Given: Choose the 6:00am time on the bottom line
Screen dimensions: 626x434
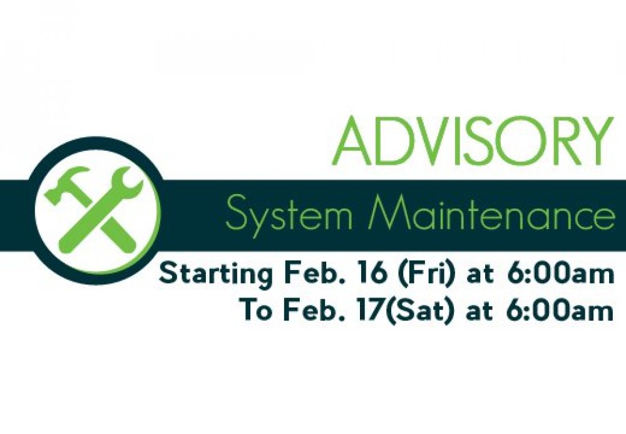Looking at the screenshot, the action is (560, 310).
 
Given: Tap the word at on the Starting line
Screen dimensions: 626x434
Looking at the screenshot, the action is (480, 276).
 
